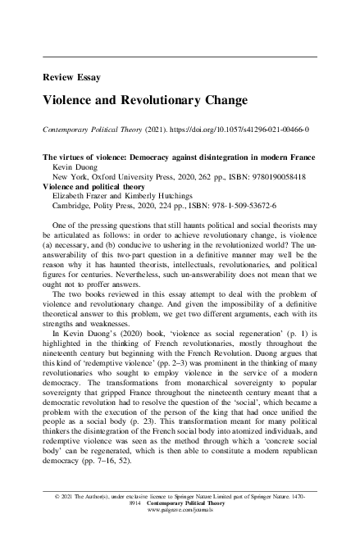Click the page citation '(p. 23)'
pos(135,423)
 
